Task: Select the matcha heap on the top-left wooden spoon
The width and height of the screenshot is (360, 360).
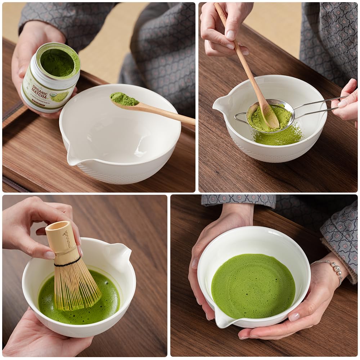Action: [123, 99]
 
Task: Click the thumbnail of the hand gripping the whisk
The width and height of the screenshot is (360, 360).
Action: [49, 255]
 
